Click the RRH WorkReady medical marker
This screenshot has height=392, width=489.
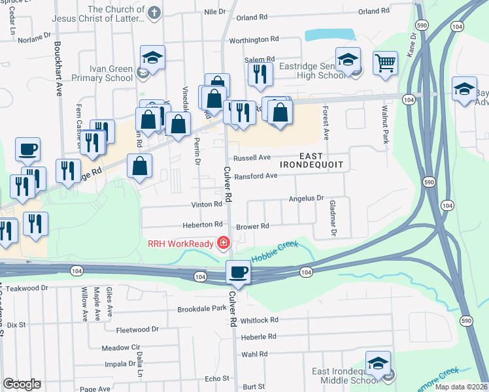pyautogui.click(x=224, y=243)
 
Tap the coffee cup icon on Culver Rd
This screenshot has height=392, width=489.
pyautogui.click(x=239, y=271)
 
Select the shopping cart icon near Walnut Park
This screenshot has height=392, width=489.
pyautogui.click(x=385, y=63)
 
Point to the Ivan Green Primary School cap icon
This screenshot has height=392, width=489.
pyautogui.click(x=152, y=57)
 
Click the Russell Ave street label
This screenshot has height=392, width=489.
pyautogui.click(x=252, y=157)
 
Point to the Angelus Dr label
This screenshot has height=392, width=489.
pyautogui.click(x=307, y=198)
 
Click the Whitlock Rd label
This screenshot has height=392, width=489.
pyautogui.click(x=259, y=320)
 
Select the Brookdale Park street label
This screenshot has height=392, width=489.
pyautogui.click(x=201, y=308)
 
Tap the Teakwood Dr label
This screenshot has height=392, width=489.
pyautogui.click(x=27, y=287)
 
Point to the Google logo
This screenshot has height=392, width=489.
pyautogui.click(x=22, y=384)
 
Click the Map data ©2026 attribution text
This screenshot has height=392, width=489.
pyautogui.click(x=460, y=387)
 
